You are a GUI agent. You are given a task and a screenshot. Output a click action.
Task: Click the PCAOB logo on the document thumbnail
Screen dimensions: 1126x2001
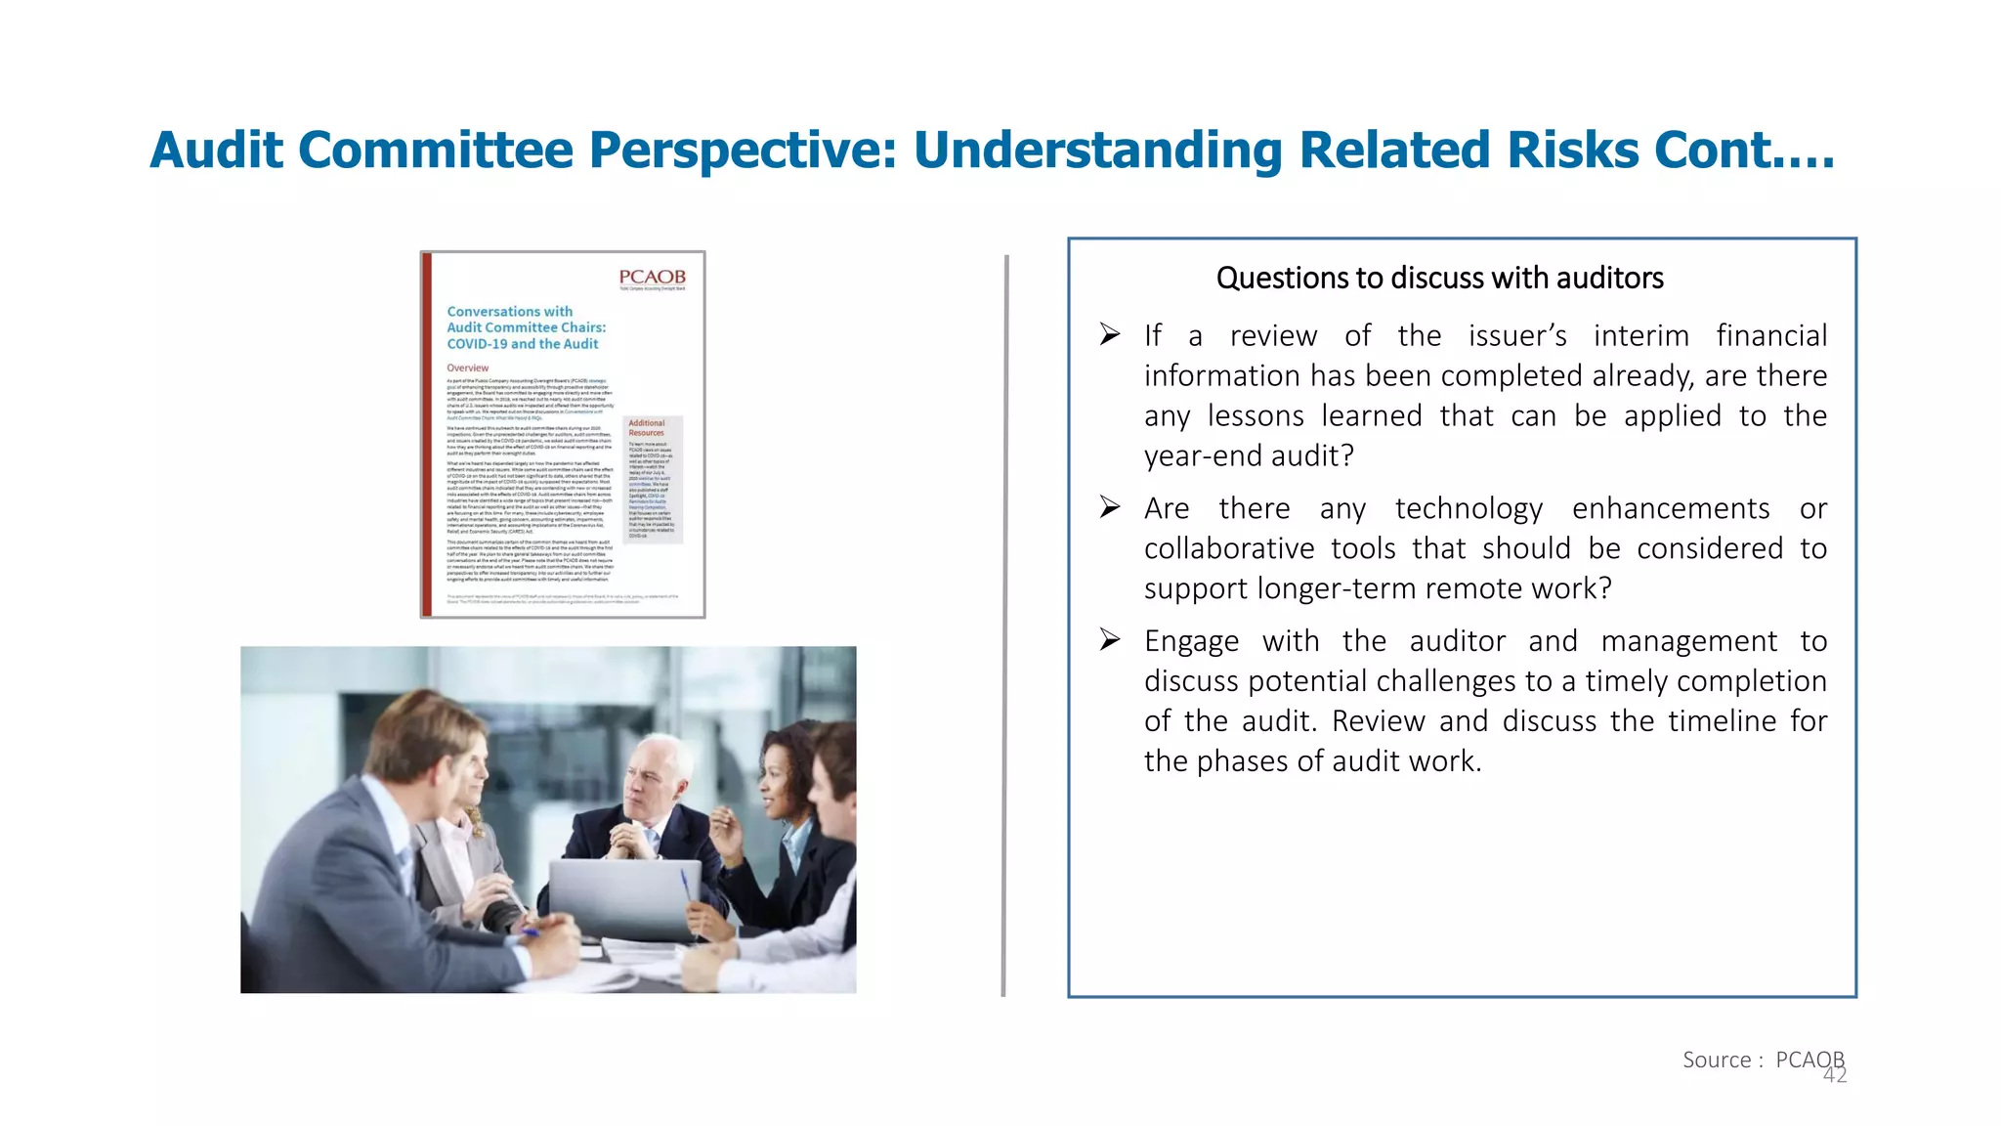tap(652, 279)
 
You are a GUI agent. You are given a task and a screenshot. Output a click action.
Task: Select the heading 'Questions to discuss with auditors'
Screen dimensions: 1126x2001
tap(1439, 279)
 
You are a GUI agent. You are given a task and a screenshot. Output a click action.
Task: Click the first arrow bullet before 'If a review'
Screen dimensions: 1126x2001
tap(1110, 335)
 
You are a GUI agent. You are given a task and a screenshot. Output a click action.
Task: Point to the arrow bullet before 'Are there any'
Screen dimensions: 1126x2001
tap(1110, 507)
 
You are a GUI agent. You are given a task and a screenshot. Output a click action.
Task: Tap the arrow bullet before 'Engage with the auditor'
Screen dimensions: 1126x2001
tap(1110, 640)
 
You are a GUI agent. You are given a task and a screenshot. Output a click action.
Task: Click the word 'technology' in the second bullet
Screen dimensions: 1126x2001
tap(1469, 509)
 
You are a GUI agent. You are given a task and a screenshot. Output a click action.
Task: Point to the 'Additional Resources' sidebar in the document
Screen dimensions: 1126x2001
tap(653, 479)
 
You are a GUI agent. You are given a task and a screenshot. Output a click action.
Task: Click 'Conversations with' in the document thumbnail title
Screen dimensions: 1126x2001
tap(509, 312)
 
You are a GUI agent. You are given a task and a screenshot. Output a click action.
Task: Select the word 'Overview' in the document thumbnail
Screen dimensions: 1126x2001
tap(467, 368)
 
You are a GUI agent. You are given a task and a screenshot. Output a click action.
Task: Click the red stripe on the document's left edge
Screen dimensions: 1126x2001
tap(427, 435)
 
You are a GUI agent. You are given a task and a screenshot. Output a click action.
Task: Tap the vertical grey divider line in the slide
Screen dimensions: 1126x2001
tap(1004, 626)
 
